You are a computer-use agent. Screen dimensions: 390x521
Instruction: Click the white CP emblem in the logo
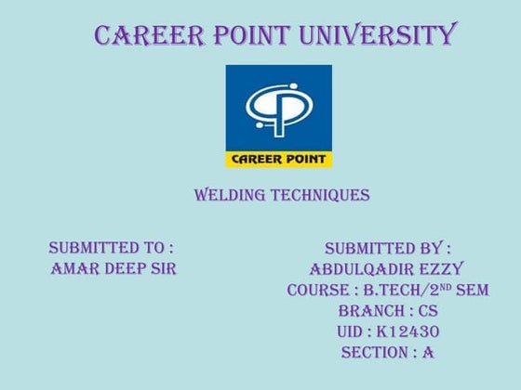[278, 106]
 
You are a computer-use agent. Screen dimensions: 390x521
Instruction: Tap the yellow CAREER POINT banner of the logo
[278, 158]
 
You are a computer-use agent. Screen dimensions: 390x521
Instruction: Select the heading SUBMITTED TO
[111, 248]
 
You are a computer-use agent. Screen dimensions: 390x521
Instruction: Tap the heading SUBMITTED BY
[387, 248]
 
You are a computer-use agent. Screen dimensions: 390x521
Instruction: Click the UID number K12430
[407, 331]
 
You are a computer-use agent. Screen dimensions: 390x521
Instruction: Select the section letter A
[428, 353]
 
